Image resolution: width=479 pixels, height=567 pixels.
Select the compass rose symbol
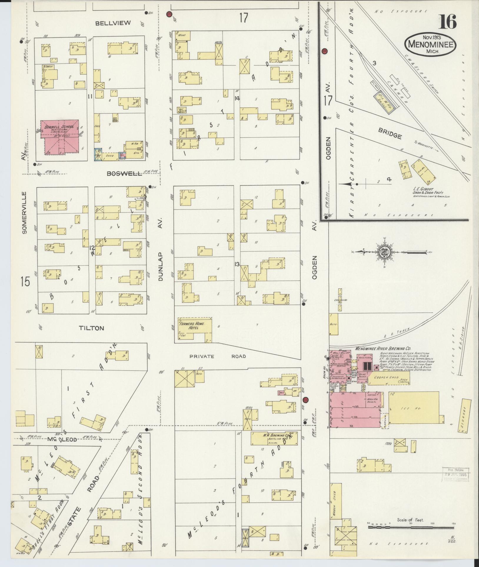pyautogui.click(x=385, y=252)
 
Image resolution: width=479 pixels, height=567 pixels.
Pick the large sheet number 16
pyautogui.click(x=448, y=22)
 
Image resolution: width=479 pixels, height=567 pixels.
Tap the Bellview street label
pyautogui.click(x=113, y=23)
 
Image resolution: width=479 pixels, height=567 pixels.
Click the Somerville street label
pyautogui.click(x=24, y=212)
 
